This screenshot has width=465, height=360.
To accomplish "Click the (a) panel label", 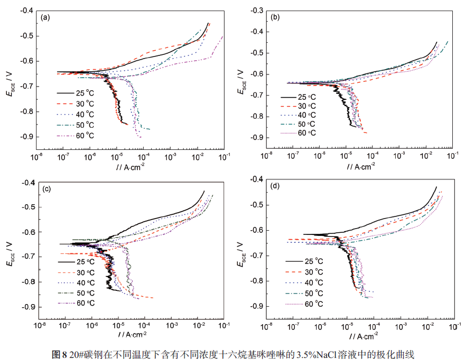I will (x=45, y=17).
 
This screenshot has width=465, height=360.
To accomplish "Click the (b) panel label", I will (x=275, y=17).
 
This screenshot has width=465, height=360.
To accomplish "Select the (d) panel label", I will (x=275, y=186).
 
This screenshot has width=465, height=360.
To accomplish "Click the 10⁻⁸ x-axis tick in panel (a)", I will (x=36, y=157).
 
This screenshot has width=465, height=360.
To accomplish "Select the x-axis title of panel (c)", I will (x=128, y=334).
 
